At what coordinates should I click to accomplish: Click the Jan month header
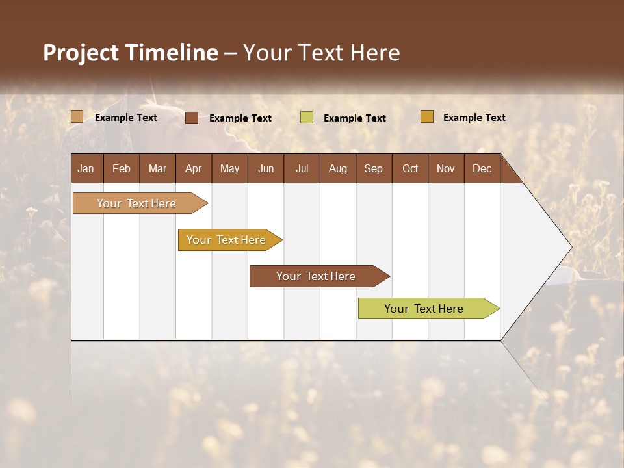click(x=86, y=168)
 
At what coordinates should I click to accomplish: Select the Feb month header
click(x=122, y=168)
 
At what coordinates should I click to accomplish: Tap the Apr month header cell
click(x=193, y=168)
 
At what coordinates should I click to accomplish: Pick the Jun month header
click(x=266, y=168)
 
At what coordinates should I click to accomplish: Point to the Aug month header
click(x=337, y=168)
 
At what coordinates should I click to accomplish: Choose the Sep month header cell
click(x=373, y=168)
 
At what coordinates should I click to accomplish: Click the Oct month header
click(x=410, y=168)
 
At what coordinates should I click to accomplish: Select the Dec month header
click(x=482, y=168)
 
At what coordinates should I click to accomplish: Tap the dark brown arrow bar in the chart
click(x=317, y=276)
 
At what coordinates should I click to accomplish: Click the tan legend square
click(x=77, y=117)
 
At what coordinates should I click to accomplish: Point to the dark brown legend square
click(x=192, y=118)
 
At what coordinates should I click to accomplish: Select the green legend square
click(x=307, y=117)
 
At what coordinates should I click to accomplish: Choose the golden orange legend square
click(x=426, y=117)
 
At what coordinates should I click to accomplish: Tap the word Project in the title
click(x=81, y=53)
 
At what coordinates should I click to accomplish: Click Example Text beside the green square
click(x=355, y=118)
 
